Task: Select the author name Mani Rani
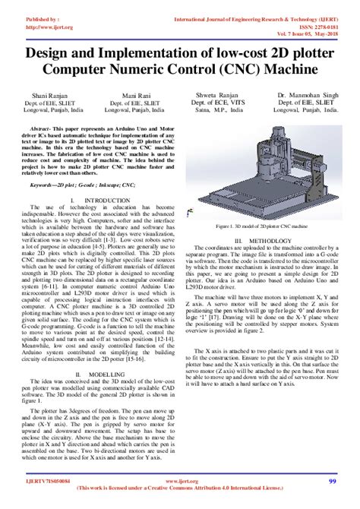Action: click(135, 90)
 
